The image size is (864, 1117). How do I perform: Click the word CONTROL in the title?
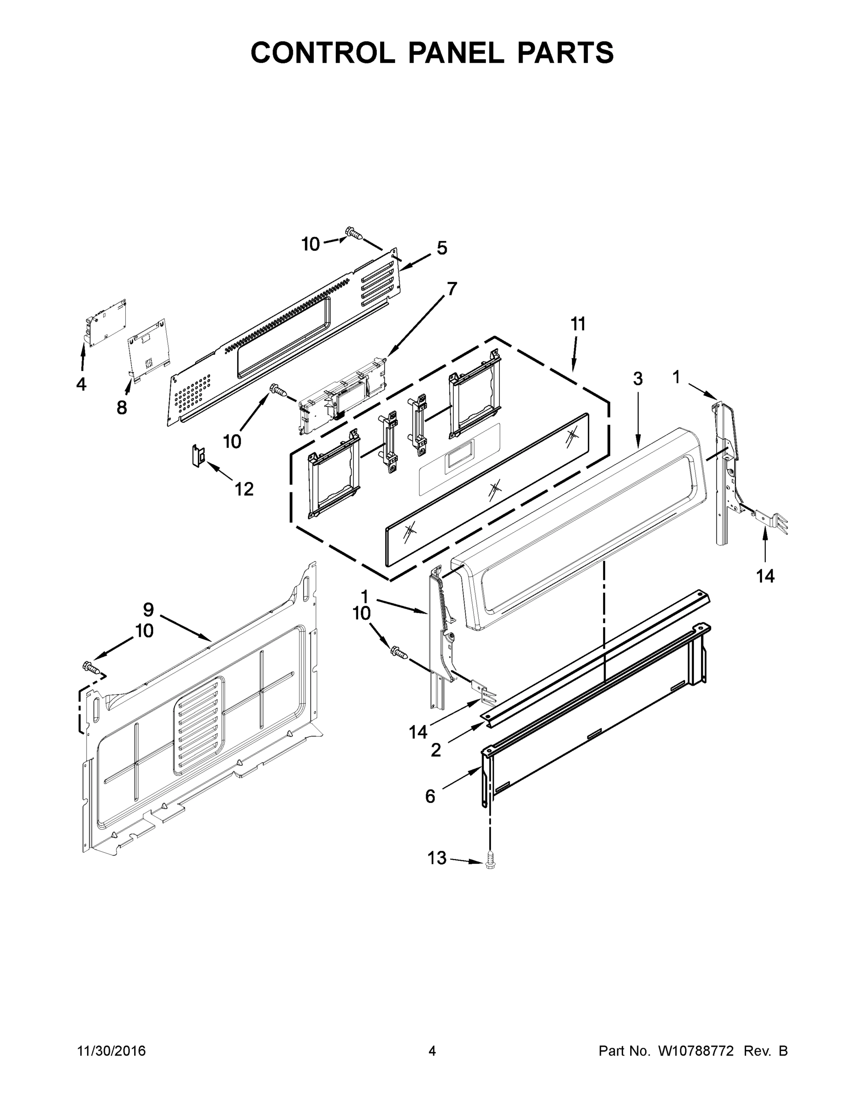pyautogui.click(x=322, y=53)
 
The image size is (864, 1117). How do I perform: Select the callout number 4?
pyautogui.click(x=82, y=384)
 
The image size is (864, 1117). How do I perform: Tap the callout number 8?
pyautogui.click(x=122, y=408)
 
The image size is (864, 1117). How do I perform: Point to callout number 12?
pyautogui.click(x=244, y=490)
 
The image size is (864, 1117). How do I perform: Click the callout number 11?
pyautogui.click(x=578, y=324)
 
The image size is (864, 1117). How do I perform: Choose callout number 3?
pyautogui.click(x=638, y=379)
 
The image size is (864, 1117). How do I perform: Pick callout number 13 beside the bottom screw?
pyautogui.click(x=437, y=858)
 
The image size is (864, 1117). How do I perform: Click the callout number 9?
pyautogui.click(x=149, y=610)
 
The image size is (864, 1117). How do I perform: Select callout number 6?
pyautogui.click(x=430, y=796)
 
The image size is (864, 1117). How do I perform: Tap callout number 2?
pyautogui.click(x=435, y=750)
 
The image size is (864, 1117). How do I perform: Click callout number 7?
pyautogui.click(x=451, y=289)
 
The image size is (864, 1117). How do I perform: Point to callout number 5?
pyautogui.click(x=442, y=249)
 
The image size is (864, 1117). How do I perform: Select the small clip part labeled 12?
pyautogui.click(x=198, y=455)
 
